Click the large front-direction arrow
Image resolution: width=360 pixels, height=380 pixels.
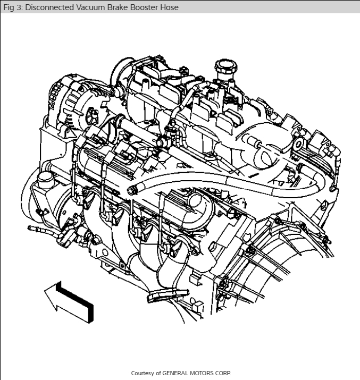pyautogui.click(x=69, y=302)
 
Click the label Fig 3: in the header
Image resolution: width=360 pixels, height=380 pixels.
pyautogui.click(x=13, y=7)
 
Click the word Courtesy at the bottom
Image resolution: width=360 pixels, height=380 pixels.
pyautogui.click(x=143, y=373)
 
